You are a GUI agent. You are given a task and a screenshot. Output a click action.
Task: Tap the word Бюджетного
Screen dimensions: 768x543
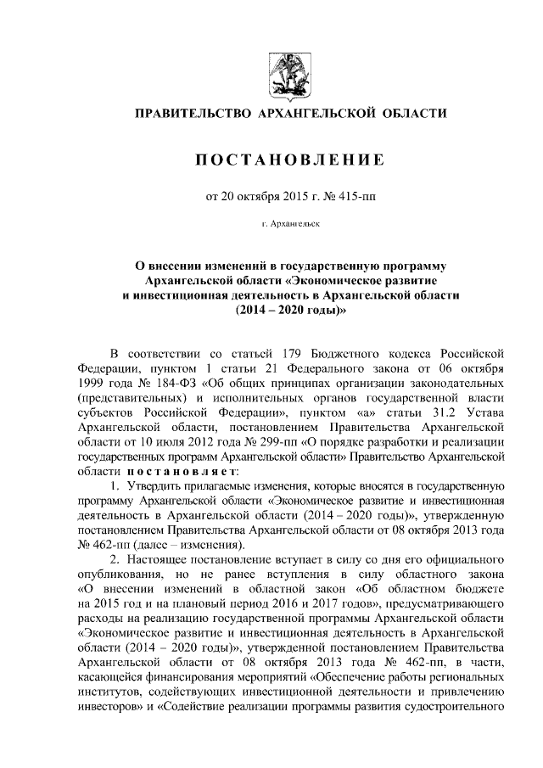click(327, 353)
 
